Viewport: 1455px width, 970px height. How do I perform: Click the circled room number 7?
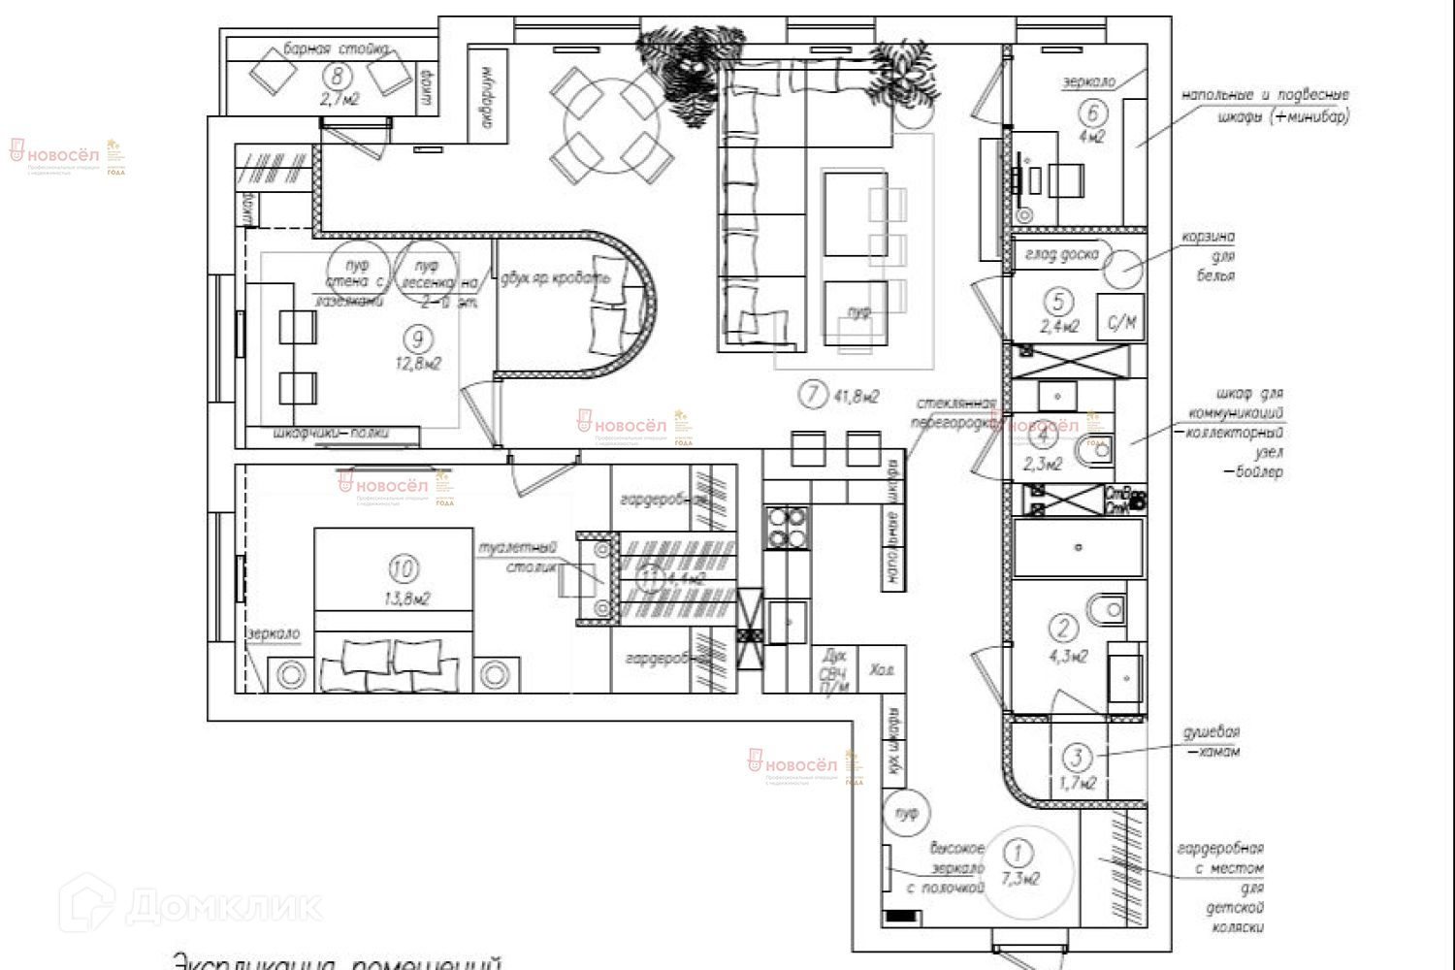coord(811,395)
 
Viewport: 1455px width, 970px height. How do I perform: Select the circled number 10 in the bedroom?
coord(403,566)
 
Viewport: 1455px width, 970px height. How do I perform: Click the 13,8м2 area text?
coord(407,598)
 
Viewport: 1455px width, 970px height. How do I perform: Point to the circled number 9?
coord(418,339)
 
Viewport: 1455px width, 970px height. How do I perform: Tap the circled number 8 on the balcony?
coord(338,76)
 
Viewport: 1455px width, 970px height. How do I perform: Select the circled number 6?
coord(1093,113)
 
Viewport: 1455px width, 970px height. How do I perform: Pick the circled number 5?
coord(1058,302)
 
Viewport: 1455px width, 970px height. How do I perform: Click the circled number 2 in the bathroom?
coord(1064,629)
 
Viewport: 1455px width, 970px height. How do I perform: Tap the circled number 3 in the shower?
coord(1077,756)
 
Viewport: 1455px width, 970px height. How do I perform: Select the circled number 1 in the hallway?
coord(1017,853)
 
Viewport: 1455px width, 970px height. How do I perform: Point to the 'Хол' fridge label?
coord(882,670)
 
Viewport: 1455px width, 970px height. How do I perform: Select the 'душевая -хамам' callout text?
coord(1212,741)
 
